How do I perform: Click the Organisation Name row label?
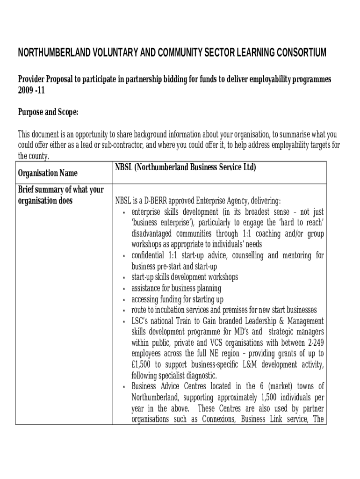48,174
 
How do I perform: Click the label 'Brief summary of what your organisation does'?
60,196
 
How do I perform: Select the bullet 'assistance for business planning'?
176,288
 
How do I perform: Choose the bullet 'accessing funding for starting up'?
177,299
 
